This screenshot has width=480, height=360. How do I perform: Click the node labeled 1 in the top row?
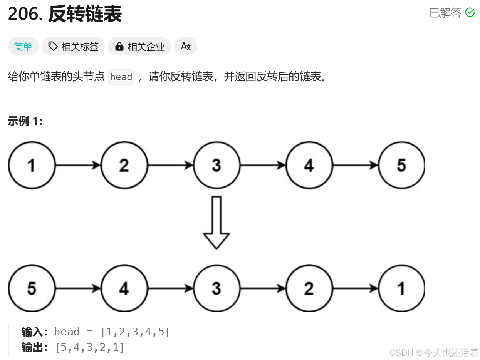32,165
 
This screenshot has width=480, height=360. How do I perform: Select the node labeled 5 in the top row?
401,165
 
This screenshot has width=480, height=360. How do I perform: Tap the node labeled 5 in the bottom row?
32,288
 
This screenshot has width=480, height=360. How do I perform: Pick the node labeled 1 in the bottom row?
401,288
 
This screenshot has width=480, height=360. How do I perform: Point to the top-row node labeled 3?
217,165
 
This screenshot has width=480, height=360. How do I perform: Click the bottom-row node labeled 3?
217,288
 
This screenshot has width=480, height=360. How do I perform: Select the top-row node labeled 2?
124,165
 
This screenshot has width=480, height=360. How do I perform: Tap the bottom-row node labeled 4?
124,288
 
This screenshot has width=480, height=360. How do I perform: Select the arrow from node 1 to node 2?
78,165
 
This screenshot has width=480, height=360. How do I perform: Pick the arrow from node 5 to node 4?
78,288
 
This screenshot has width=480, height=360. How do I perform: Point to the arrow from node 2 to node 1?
355,288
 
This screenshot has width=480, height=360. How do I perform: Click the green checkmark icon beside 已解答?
470,13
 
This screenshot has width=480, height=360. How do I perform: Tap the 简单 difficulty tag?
23,47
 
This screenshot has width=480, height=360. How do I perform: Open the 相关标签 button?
73,47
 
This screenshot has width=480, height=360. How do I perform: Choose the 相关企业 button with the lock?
139,47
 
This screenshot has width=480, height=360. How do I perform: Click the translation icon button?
186,47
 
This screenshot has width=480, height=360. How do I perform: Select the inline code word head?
121,77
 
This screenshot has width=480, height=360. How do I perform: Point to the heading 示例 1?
25,121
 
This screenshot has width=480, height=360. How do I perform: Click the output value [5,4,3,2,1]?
89,347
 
